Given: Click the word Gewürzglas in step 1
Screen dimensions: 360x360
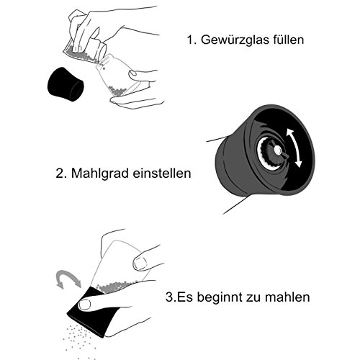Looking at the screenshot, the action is point(235,40).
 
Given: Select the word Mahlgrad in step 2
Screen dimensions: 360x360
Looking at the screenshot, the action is point(100,174).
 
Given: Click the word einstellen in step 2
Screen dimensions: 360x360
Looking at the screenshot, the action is point(162,173).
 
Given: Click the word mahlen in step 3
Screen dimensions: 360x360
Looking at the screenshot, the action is point(287,297).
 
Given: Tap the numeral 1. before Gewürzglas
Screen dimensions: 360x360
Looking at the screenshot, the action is point(192,40).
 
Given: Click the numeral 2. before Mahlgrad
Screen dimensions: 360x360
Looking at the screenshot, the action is point(61,174).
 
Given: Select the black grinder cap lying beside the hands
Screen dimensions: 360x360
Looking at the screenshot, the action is point(66,84).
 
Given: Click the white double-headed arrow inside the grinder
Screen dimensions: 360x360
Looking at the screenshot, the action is point(294,148).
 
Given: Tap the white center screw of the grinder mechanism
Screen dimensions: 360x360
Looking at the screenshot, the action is point(278,150).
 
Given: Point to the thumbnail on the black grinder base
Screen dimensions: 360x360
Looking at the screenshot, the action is point(85,305).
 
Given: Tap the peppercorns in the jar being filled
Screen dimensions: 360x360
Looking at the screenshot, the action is point(117,91).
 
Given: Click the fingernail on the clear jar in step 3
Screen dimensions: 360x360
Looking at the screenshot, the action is point(140,264).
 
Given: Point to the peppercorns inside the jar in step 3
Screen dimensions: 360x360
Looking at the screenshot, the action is point(114,287).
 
